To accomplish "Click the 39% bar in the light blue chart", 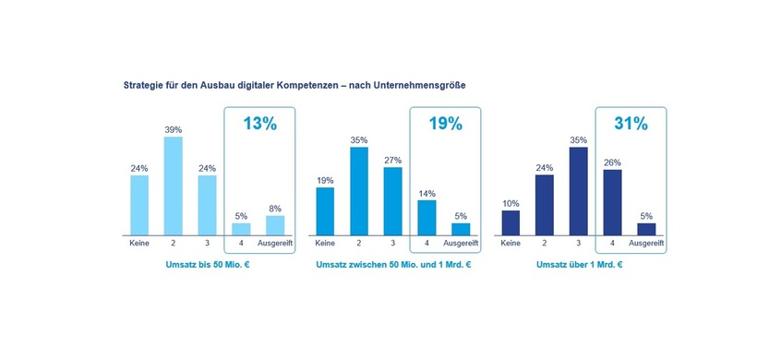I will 173,186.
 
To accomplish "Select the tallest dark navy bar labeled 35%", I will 578,191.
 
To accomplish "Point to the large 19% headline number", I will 444,125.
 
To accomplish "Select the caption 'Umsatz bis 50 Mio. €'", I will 207,265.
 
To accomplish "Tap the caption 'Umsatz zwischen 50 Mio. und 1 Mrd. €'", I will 392,265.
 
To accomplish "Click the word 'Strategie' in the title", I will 146,86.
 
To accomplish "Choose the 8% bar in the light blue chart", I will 275,225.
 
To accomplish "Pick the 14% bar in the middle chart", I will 427,217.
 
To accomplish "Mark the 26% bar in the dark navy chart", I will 612,202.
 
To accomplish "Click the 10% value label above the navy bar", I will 511,203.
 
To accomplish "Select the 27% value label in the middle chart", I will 392,159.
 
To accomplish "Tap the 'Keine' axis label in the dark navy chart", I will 511,244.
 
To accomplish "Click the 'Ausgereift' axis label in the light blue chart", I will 275,244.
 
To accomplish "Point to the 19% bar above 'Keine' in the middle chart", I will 325,211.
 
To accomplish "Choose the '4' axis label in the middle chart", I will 427,244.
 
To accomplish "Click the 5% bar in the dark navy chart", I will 646,229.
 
